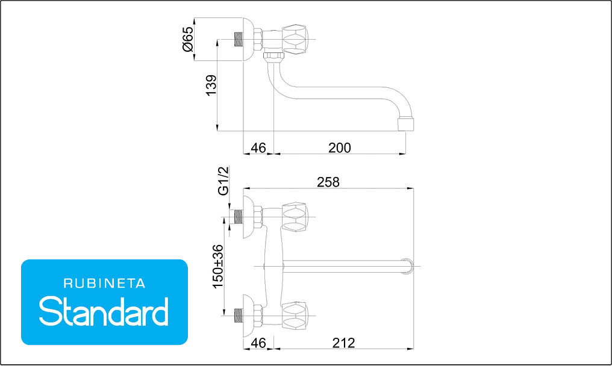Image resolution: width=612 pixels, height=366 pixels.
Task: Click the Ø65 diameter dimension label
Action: [x=188, y=39]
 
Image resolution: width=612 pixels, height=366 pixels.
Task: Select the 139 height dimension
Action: [x=211, y=85]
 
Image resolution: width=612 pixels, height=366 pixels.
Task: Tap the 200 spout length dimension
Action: [x=340, y=148]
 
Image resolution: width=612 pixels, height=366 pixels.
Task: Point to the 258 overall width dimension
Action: [x=328, y=182]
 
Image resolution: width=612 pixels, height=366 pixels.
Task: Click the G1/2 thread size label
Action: [x=223, y=181]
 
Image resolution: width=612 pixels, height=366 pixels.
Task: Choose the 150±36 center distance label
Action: [x=218, y=267]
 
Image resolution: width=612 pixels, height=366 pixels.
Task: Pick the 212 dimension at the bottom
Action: [x=343, y=343]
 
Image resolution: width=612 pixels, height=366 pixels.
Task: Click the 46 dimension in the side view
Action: [x=258, y=148]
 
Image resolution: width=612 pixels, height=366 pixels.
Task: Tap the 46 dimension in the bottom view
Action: [x=258, y=343]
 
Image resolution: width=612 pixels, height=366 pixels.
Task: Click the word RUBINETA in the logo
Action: [x=104, y=284]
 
